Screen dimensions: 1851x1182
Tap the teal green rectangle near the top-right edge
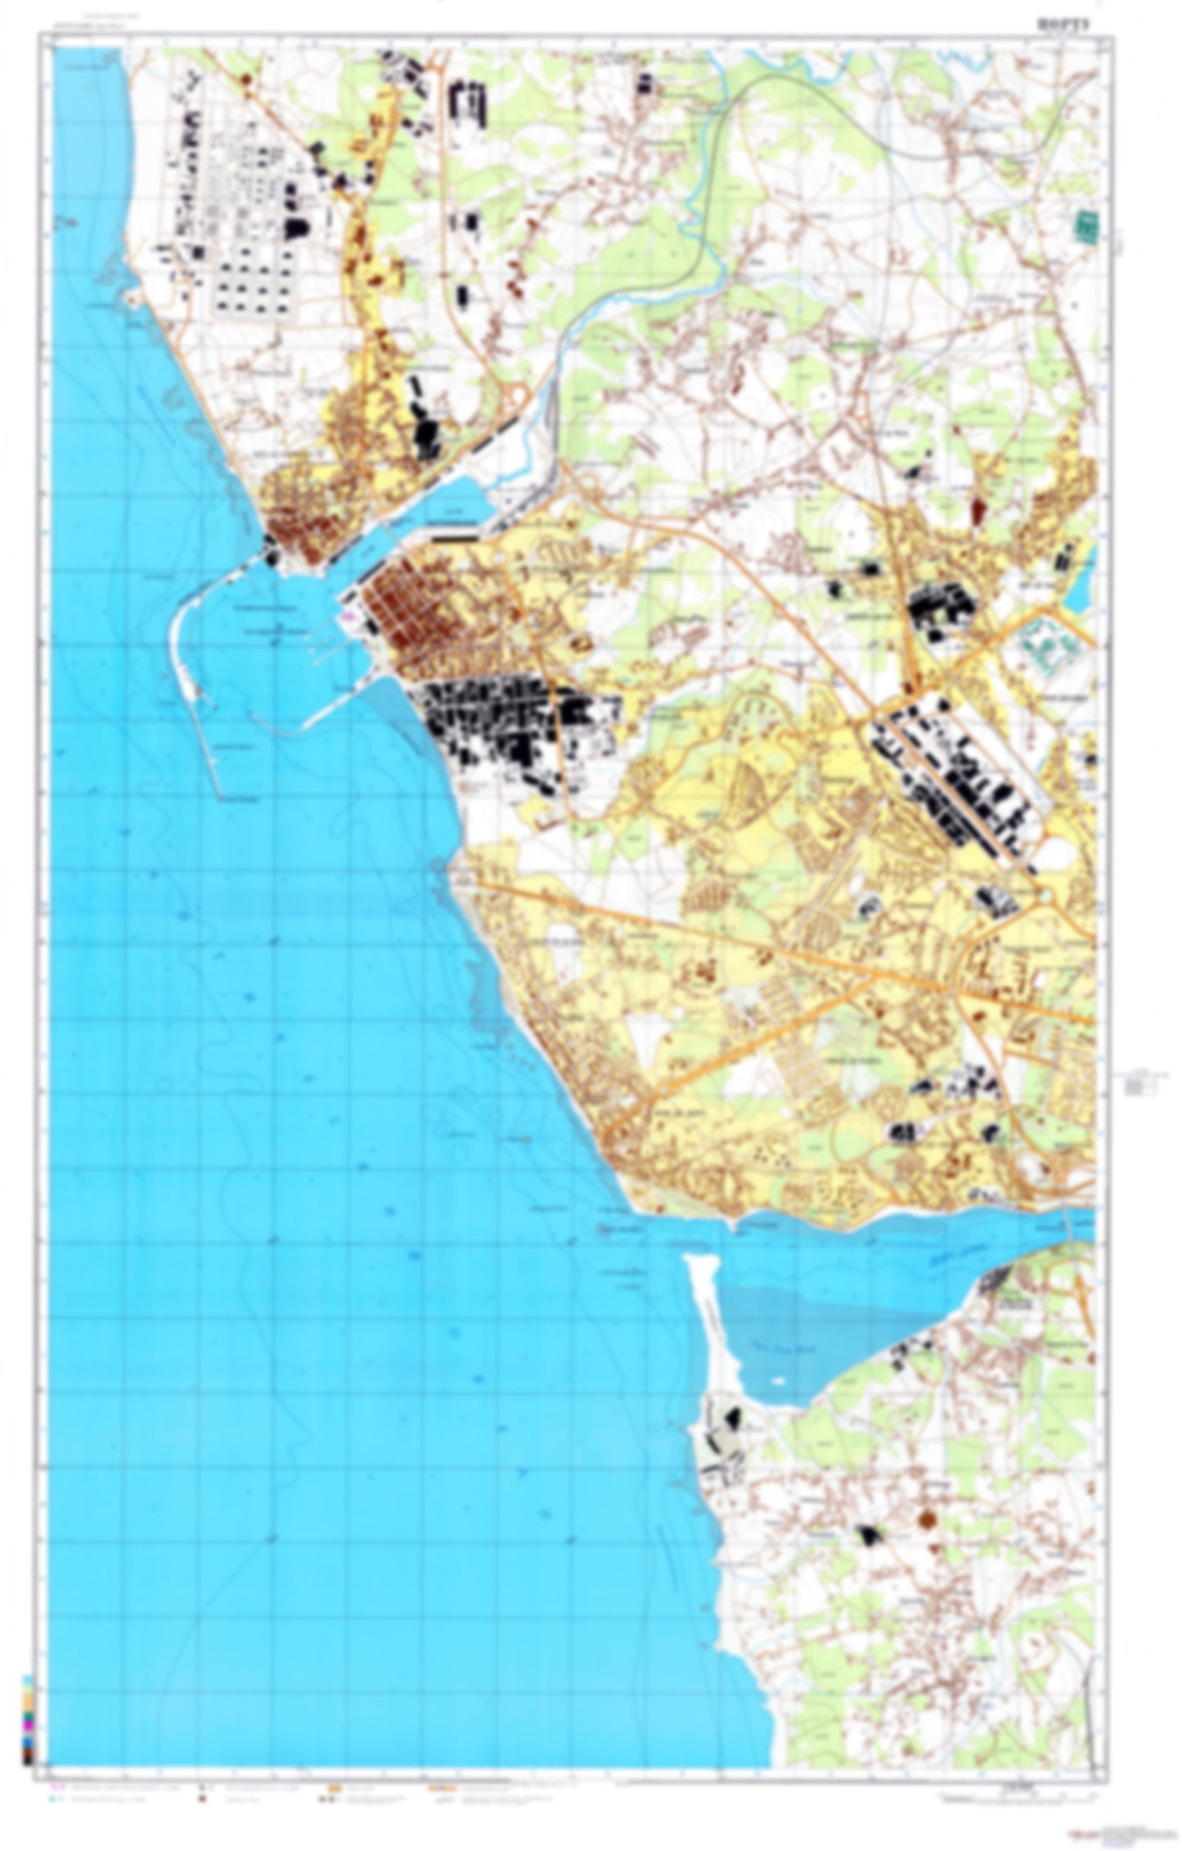[x=1086, y=226]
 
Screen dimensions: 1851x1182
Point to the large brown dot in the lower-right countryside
[x=927, y=1519]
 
